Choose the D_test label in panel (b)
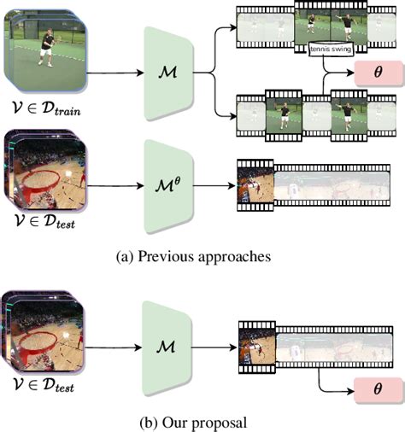point(41,388)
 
